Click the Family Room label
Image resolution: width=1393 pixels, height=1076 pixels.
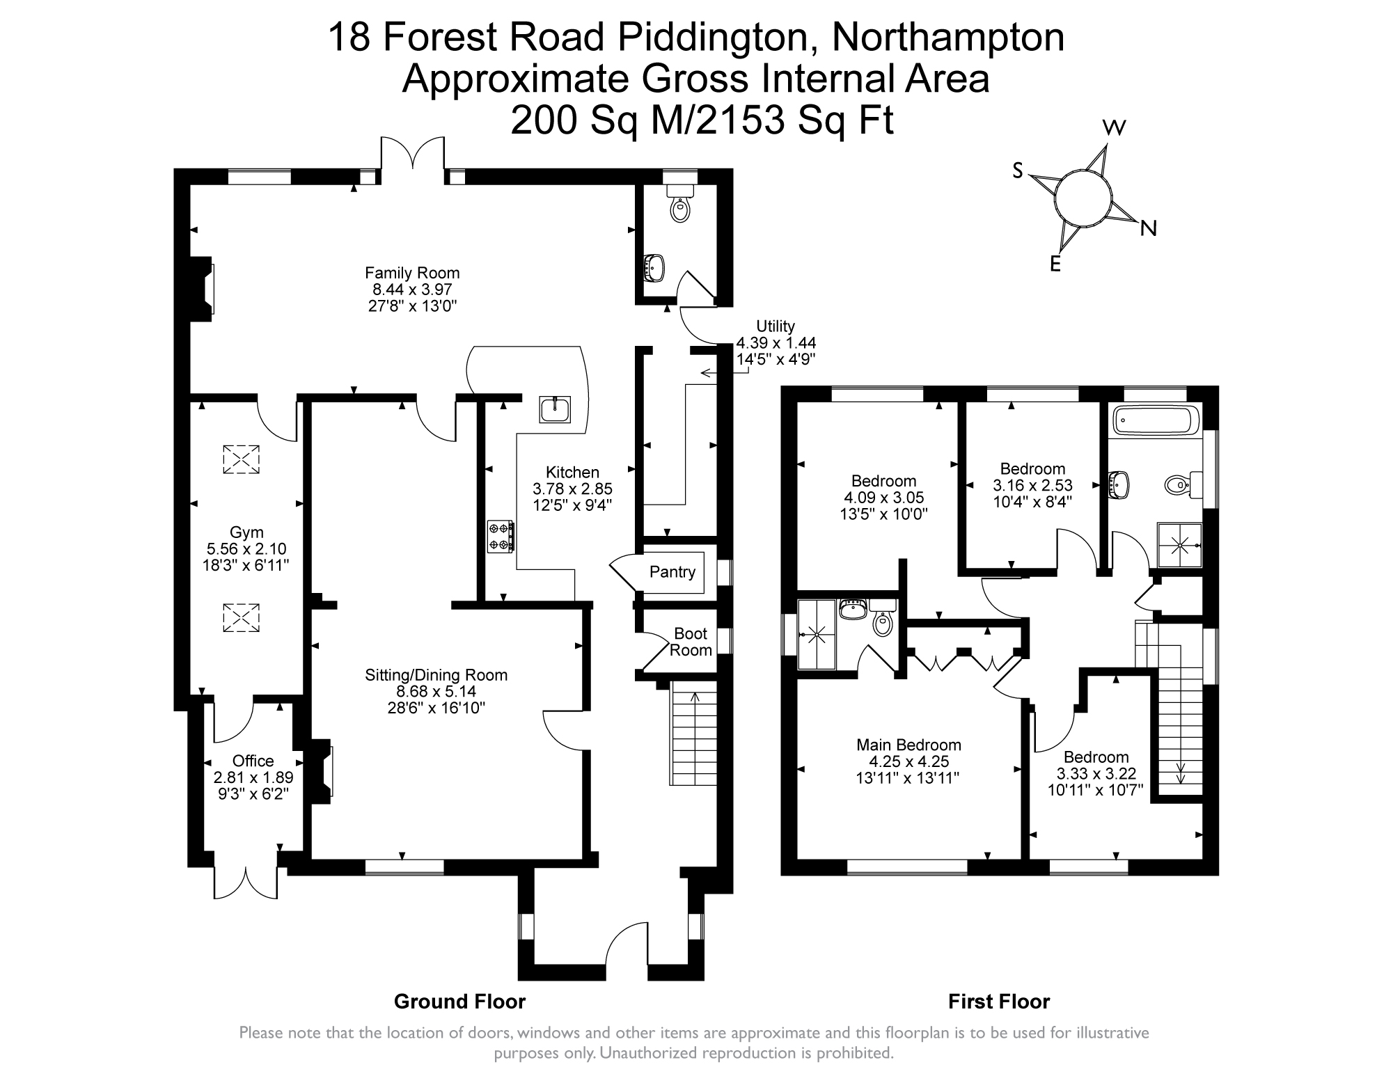click(412, 273)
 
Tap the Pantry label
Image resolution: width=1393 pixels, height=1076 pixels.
click(672, 572)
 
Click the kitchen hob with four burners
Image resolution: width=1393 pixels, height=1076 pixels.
click(501, 536)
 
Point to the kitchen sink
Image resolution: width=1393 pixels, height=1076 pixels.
click(556, 409)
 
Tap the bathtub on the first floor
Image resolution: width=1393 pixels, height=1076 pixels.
click(1154, 420)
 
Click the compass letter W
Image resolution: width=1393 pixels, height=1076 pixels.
click(1115, 127)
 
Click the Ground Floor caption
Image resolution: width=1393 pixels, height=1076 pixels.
click(459, 1002)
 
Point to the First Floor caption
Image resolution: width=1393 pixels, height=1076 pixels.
click(998, 1002)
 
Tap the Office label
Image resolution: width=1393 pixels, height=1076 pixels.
click(253, 761)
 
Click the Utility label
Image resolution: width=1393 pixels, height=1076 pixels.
click(776, 326)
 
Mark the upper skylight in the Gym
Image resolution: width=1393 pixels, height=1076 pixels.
click(240, 459)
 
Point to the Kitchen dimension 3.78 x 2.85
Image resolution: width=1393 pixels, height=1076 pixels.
click(572, 489)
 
